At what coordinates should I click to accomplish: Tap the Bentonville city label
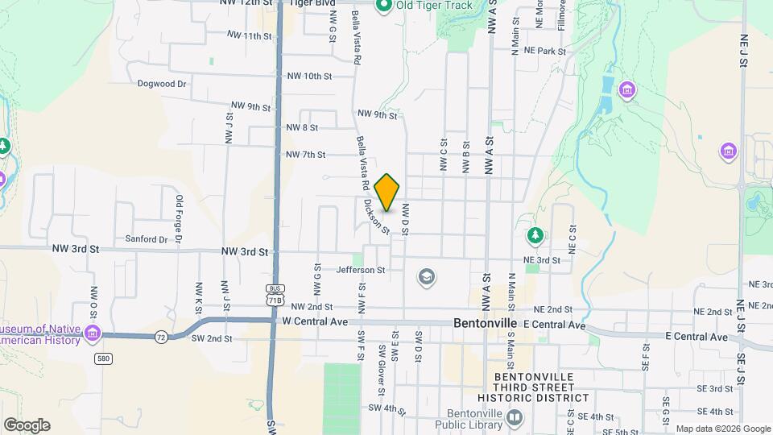coord(485,322)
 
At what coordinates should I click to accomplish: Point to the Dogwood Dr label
coord(162,83)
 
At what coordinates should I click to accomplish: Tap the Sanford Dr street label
coord(147,239)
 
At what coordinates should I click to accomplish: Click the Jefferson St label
coord(362,270)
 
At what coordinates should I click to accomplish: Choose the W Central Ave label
coord(315,321)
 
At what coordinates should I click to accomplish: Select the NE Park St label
coord(546,50)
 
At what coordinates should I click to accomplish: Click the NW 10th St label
coord(310,77)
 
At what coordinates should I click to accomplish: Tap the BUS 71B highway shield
coord(275,295)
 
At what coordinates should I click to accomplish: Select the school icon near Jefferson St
coord(426,278)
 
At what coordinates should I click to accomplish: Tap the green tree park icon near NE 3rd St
coord(533,235)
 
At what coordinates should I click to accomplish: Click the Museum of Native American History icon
coord(94,333)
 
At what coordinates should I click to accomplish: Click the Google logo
coord(27,425)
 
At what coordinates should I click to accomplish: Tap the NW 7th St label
coord(305,154)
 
